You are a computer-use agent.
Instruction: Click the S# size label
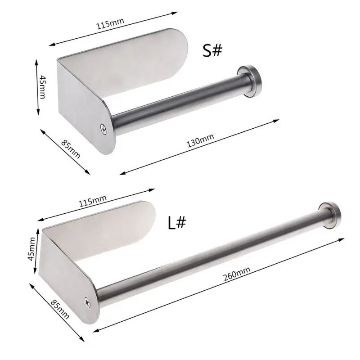click(x=212, y=50)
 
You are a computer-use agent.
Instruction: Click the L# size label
click(x=177, y=223)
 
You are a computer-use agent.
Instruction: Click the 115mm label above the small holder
click(x=110, y=23)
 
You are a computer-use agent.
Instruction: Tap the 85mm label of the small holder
click(x=72, y=148)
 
